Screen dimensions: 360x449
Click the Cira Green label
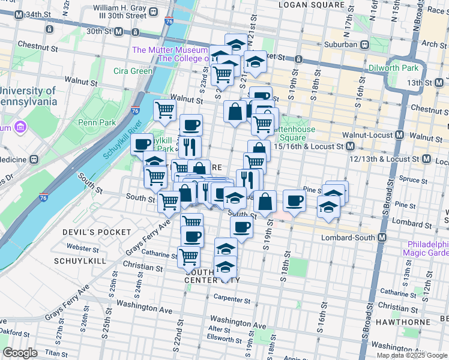[x=133, y=71]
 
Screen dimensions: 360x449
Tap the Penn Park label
[x=92, y=122]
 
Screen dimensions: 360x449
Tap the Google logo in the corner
[x=20, y=353]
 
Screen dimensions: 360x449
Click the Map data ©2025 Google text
[x=412, y=355]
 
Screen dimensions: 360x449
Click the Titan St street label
[x=56, y=354]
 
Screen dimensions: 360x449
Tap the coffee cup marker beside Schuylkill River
[x=142, y=145]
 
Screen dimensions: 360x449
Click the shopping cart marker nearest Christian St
[x=189, y=257]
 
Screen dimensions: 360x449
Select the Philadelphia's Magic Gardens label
[x=427, y=248]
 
